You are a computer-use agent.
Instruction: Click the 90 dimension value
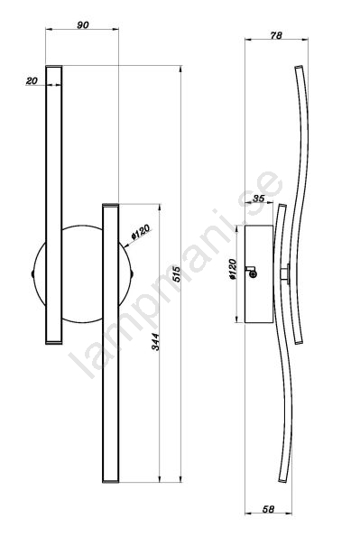tap(82, 25)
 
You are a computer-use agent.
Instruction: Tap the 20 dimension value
tap(32, 81)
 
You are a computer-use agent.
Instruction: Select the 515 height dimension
tap(176, 274)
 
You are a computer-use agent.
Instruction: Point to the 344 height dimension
tap(155, 342)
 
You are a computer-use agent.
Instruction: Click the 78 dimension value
tap(276, 35)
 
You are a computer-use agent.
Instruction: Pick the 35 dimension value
tap(258, 199)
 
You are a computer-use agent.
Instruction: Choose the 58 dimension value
tap(268, 509)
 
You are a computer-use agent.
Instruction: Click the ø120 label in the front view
tap(141, 232)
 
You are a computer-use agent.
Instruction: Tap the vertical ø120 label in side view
tap(233, 270)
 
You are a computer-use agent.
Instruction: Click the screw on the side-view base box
tap(254, 274)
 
